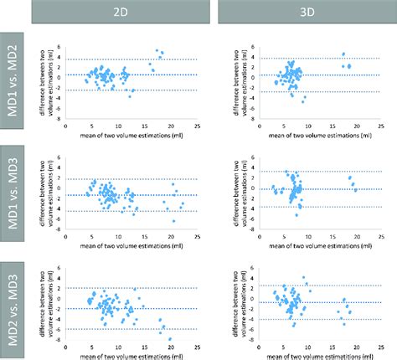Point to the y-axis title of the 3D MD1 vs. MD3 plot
tap(229, 188)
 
